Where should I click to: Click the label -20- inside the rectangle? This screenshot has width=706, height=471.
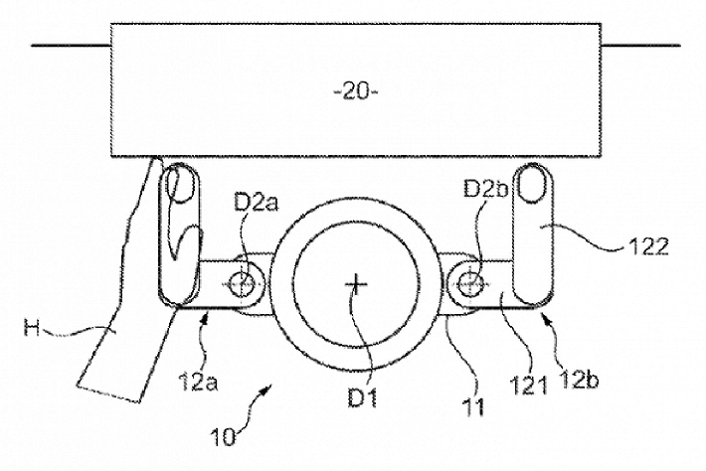click(356, 92)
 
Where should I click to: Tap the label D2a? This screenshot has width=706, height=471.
click(257, 203)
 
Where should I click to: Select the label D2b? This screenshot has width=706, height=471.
click(486, 190)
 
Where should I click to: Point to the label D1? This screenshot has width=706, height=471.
click(362, 397)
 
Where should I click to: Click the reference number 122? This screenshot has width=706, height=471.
click(648, 246)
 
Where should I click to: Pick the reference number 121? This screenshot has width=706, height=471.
click(528, 386)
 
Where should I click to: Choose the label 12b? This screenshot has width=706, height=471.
click(578, 381)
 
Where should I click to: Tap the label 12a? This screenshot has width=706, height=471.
click(198, 382)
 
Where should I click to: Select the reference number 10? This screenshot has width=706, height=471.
click(223, 436)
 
